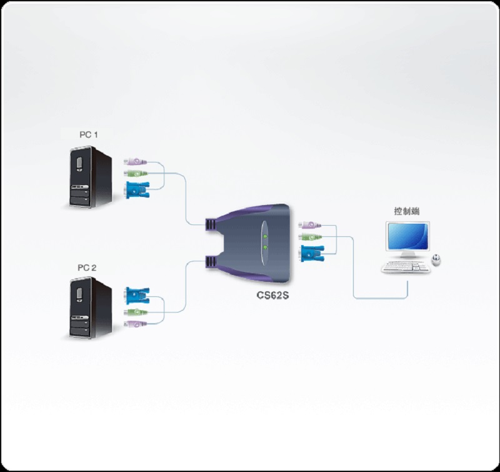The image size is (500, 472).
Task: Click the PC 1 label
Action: click(x=87, y=134)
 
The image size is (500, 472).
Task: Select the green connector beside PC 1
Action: click(x=135, y=173)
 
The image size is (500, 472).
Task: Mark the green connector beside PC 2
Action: click(x=135, y=312)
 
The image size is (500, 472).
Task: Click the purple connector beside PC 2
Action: click(x=134, y=324)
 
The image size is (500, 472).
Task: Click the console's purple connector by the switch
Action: click(x=309, y=226)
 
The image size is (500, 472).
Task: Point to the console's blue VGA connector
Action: click(x=311, y=253)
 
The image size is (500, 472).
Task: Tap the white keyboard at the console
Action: click(x=406, y=268)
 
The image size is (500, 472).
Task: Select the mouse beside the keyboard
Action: click(x=437, y=259)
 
